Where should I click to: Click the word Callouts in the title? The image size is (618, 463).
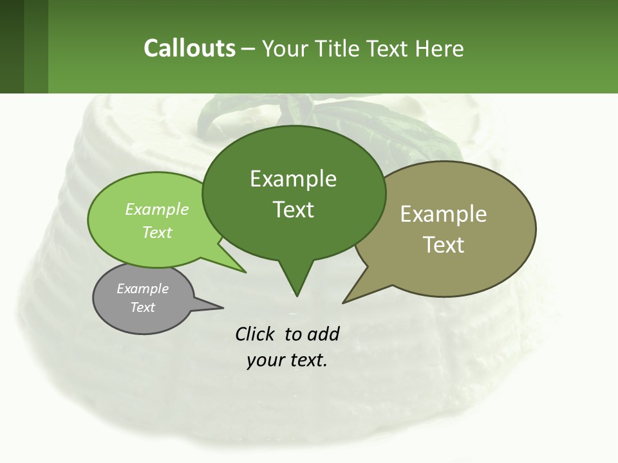point(189,48)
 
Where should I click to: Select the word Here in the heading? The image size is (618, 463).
point(440,48)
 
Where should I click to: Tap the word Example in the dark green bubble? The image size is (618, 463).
point(293,179)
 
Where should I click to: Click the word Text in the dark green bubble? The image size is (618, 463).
point(294,210)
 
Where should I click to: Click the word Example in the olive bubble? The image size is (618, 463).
point(444,214)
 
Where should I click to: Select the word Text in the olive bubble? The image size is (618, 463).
point(444,245)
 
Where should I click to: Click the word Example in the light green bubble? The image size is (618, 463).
point(157,209)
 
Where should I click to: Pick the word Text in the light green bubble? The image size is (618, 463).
point(157,232)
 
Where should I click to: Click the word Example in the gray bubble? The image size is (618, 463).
point(143,289)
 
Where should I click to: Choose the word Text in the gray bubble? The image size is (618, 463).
point(143,307)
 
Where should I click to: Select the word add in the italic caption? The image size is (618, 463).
point(323,334)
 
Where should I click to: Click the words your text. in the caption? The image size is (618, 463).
point(287,360)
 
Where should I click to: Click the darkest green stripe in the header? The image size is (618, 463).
point(12,46)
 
